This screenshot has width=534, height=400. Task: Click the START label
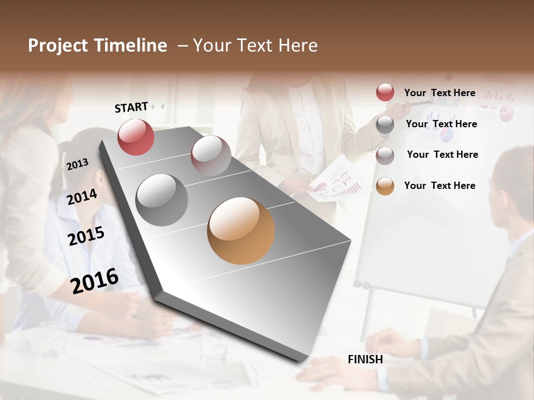(131, 107)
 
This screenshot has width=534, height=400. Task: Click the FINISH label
(365, 359)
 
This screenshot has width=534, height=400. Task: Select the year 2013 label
(77, 164)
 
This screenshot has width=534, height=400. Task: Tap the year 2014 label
(82, 197)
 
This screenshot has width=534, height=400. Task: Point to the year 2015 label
(86, 236)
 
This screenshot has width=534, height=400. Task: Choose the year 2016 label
(95, 281)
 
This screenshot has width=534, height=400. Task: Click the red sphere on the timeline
(136, 137)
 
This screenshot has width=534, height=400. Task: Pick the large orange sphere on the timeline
(241, 231)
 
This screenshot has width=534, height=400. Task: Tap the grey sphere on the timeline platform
(162, 200)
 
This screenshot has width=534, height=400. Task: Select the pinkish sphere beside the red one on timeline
(211, 156)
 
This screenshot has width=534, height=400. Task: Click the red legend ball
(385, 93)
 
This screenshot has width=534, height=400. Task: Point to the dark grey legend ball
(385, 124)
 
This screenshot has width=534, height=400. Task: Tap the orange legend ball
(385, 186)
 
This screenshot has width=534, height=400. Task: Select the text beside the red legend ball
(439, 93)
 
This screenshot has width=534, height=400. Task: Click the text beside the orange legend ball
(439, 186)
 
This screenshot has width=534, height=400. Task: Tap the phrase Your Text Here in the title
(255, 46)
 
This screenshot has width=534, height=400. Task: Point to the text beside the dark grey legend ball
(441, 124)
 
